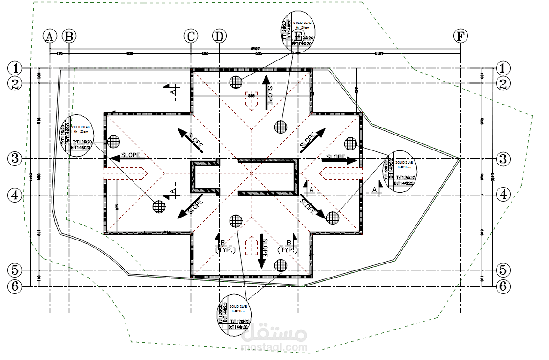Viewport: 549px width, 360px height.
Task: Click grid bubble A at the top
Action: tap(50, 36)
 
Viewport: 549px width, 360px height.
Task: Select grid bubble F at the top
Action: tap(461, 36)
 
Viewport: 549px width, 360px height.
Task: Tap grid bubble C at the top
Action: tap(191, 36)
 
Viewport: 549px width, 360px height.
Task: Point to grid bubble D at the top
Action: tap(219, 36)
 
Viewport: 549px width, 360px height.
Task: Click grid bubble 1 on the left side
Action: tap(15, 68)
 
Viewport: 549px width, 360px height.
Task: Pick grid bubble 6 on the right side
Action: tap(503, 286)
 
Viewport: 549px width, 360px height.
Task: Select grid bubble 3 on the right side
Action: tap(503, 158)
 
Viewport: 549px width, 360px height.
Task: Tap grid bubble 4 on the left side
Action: tap(15, 195)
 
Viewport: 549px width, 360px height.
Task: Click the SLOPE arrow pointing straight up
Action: tap(267, 92)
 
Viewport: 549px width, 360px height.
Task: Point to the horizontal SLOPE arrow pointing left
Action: tap(126, 159)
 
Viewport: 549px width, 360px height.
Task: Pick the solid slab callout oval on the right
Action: tap(398, 172)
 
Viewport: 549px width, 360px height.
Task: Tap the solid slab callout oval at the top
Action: tap(298, 30)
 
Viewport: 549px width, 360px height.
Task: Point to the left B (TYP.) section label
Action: tap(222, 246)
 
